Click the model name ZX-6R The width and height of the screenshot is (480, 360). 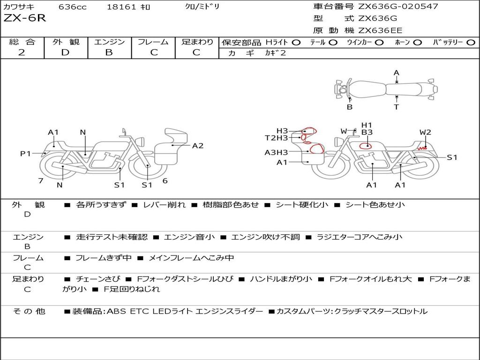point(24,18)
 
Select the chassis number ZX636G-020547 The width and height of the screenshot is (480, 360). point(398,6)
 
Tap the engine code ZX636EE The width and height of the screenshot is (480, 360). point(380,30)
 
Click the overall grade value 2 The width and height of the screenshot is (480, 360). point(22,52)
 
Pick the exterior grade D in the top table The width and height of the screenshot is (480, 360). point(65,52)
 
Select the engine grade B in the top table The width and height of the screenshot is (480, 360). point(109,52)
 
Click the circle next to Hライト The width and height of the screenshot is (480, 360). point(296,43)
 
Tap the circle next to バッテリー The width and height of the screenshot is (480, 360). point(471,43)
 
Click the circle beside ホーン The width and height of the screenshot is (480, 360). point(418,43)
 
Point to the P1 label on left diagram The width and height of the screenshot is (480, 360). point(26,153)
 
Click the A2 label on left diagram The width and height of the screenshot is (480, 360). point(198,146)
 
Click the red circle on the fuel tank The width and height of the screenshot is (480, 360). point(365,145)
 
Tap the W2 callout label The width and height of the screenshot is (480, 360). point(425,132)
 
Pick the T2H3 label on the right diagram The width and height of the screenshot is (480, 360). point(277,138)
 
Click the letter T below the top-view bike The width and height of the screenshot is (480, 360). point(397,107)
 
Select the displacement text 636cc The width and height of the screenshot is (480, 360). point(73,7)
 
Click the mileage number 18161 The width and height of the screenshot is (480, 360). point(121,7)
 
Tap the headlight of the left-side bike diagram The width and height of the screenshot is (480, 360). point(141,142)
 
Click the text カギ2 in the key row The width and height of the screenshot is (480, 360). point(275,53)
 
